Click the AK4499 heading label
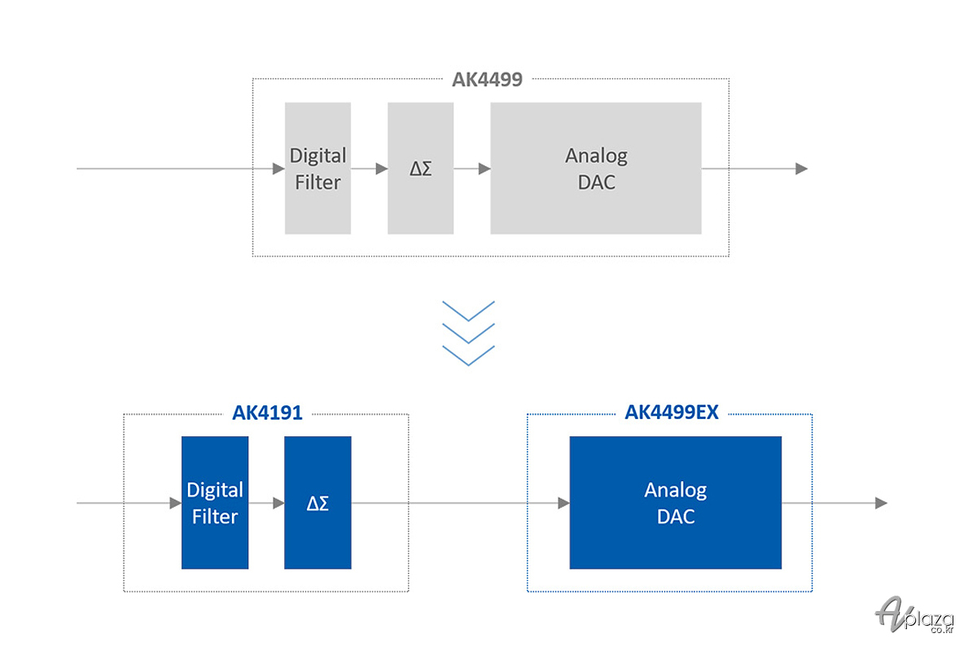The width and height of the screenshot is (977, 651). pos(487,80)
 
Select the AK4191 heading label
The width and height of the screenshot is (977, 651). pos(267,413)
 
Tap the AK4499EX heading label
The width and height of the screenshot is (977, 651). pos(671,412)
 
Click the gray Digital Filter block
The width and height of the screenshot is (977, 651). pos(318,168)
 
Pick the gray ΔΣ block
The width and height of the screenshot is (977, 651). pos(420,168)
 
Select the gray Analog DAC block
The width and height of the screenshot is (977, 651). pos(596,168)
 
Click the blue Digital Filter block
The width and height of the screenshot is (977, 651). pos(215,503)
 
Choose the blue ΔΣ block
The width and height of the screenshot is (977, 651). pos(318,503)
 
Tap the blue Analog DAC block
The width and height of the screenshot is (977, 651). pos(675,503)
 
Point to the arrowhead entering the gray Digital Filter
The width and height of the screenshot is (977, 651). pos(278,168)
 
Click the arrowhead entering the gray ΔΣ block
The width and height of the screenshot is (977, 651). pos(382,168)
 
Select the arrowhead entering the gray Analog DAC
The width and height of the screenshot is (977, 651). pos(484,168)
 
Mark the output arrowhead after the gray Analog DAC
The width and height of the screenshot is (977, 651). pos(802,168)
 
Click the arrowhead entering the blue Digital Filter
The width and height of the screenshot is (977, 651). pos(175,503)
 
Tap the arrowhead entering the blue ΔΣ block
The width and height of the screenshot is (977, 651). pos(278,503)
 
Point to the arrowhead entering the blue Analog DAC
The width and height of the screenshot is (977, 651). pos(563,503)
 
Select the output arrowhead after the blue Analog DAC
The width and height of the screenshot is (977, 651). pos(882,503)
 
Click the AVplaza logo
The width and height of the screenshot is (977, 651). pos(914,615)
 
